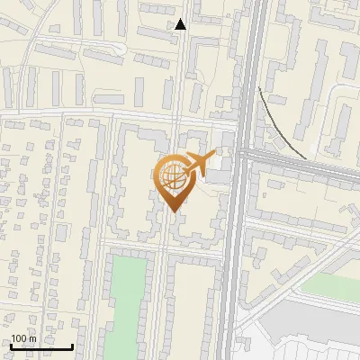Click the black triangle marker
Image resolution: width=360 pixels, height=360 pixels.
pos(181,24)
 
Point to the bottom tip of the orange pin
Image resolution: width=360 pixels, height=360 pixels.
pos(173,211)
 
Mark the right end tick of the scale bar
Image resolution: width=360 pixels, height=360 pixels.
pos(72,346)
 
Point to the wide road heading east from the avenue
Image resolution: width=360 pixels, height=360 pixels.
pos(306,162)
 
